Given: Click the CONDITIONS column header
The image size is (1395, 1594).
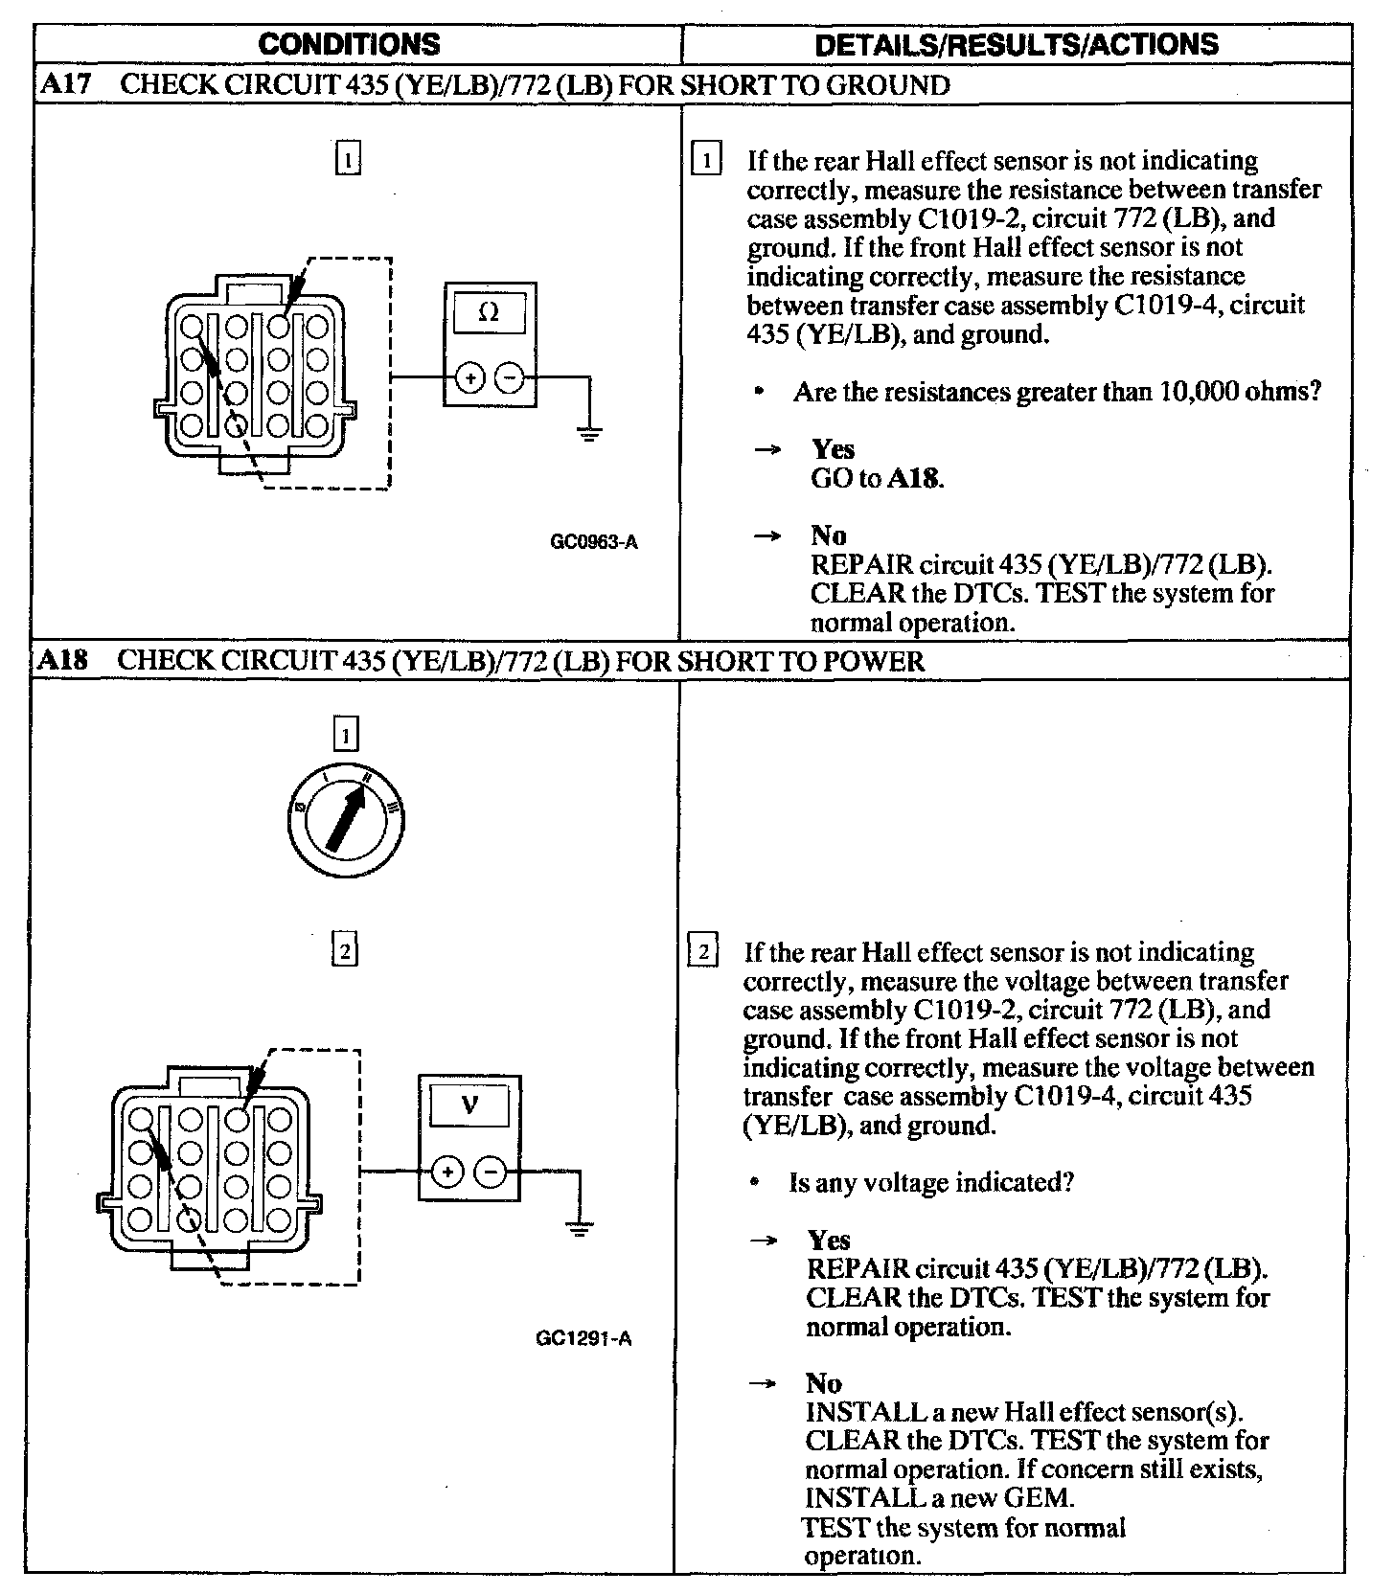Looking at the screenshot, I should pyautogui.click(x=350, y=44).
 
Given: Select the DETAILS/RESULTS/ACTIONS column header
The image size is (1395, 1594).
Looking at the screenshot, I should pyautogui.click(x=1016, y=44).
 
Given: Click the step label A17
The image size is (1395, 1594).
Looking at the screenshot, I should pyautogui.click(x=66, y=85).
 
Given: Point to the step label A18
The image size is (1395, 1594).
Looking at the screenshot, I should pyautogui.click(x=62, y=661).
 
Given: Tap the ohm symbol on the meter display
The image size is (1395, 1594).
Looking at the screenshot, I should pyautogui.click(x=489, y=313).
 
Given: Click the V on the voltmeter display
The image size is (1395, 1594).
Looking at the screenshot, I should pyautogui.click(x=469, y=1105).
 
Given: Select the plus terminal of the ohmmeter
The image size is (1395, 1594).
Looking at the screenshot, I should pyautogui.click(x=469, y=377).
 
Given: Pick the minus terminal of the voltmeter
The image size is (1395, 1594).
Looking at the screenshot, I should pyautogui.click(x=492, y=1171).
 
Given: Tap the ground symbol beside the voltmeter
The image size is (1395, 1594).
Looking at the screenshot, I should pyautogui.click(x=579, y=1227).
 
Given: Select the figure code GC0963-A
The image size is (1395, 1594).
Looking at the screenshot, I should pyautogui.click(x=594, y=542).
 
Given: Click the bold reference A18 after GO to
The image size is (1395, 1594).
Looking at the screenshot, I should pyautogui.click(x=915, y=479).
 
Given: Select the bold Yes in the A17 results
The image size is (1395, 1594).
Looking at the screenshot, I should pyautogui.click(x=833, y=449).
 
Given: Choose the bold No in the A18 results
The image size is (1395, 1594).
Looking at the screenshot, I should pyautogui.click(x=823, y=1383).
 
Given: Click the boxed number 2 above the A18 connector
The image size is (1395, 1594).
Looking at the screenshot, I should pyautogui.click(x=344, y=950).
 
